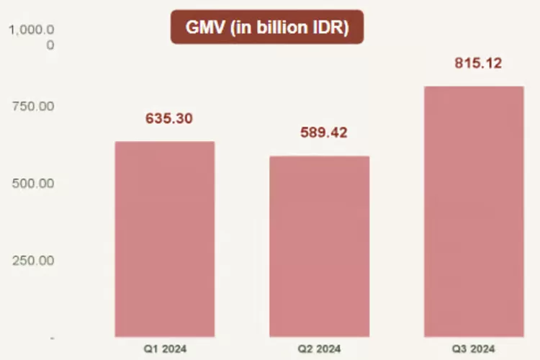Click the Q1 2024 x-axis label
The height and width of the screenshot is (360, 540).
click(x=165, y=349)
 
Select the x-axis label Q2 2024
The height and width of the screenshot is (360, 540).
click(x=319, y=349)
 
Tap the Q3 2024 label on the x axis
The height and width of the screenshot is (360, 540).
click(x=473, y=349)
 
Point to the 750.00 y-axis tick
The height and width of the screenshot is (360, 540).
click(x=34, y=107)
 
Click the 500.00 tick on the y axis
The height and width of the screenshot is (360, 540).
click(x=34, y=184)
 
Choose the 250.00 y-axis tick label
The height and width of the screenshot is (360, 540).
click(x=34, y=260)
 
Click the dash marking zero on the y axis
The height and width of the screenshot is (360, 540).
click(x=52, y=337)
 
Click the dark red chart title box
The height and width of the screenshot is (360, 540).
click(x=267, y=28)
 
